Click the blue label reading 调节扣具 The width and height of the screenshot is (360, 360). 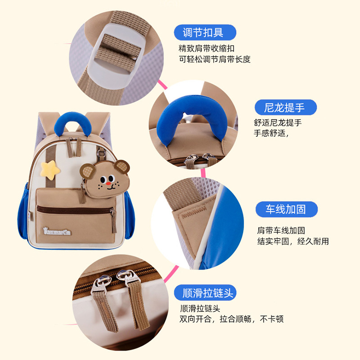[205, 32]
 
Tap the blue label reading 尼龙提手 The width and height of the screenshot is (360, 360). [285, 107]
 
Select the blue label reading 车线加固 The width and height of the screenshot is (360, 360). [287, 209]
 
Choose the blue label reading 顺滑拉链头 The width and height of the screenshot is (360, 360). [205, 293]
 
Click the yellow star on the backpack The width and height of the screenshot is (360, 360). [50, 170]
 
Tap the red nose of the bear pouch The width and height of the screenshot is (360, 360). [108, 184]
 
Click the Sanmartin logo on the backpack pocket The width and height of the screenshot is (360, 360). [57, 231]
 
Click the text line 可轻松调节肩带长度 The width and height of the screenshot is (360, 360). [215, 59]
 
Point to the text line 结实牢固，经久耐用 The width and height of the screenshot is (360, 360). [293, 241]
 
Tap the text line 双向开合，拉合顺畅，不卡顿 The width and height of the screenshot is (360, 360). [231, 319]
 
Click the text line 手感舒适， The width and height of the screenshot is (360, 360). [271, 133]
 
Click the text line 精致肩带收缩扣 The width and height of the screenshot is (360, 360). [207, 49]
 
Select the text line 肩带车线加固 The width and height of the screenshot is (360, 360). [281, 230]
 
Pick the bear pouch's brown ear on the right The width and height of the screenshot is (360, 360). [122, 166]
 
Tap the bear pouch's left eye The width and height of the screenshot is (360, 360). [103, 179]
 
